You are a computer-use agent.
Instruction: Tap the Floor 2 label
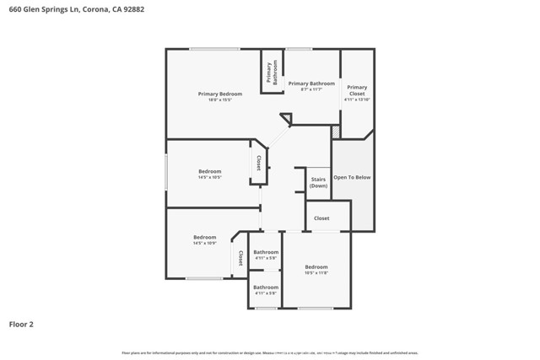point(21,324)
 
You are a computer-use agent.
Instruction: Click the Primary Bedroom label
point(220,94)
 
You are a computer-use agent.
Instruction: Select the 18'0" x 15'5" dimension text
point(220,100)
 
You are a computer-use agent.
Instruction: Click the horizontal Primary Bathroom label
point(311,83)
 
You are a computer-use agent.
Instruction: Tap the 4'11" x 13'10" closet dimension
point(357,99)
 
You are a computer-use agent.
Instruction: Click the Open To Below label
point(352,178)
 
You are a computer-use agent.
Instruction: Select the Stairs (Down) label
point(318,182)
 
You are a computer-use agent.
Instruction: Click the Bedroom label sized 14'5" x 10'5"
point(209,171)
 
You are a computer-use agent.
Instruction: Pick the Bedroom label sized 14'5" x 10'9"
point(204,237)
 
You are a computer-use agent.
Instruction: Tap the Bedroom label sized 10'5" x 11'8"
point(316,267)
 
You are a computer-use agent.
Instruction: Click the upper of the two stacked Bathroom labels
point(266,252)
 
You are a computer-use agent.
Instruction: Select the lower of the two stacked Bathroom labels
point(266,287)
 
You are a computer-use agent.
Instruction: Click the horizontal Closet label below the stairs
point(321,218)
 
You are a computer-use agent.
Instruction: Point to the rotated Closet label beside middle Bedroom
point(258,162)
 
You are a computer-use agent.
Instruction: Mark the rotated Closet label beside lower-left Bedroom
point(240,258)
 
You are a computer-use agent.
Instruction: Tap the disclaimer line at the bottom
point(270,352)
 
